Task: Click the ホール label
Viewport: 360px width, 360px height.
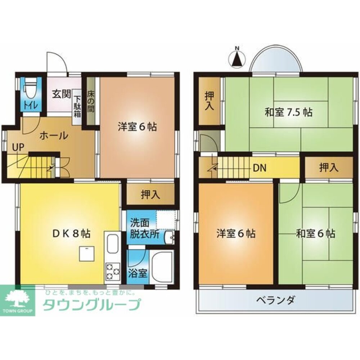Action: click(54, 135)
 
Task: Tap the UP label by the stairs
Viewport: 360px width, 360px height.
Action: click(18, 147)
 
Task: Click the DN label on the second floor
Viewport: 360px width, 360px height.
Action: click(260, 168)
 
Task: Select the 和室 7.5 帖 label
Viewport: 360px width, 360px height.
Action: click(288, 113)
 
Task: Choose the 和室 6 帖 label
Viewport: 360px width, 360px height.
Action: click(316, 234)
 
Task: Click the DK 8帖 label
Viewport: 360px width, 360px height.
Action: click(71, 234)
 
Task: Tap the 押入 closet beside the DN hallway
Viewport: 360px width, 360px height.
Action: click(329, 168)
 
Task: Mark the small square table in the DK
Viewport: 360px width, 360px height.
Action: click(87, 254)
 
